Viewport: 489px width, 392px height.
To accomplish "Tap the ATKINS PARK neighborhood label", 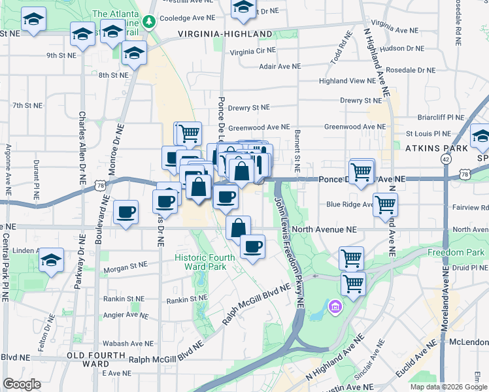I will tap(436, 148).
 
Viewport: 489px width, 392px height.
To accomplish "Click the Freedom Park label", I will tap(456, 252).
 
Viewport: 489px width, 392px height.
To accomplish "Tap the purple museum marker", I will tap(335, 306).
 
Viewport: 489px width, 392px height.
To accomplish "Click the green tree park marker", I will tap(150, 23).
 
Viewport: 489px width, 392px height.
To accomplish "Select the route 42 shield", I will tap(445, 159).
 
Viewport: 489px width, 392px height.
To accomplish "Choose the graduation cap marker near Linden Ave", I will tap(51, 259).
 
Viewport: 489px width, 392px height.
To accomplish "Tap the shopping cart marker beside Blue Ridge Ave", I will tap(385, 203).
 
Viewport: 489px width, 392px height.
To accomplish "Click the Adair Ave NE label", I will tap(279, 67).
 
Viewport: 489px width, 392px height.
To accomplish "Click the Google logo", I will tap(22, 384).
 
